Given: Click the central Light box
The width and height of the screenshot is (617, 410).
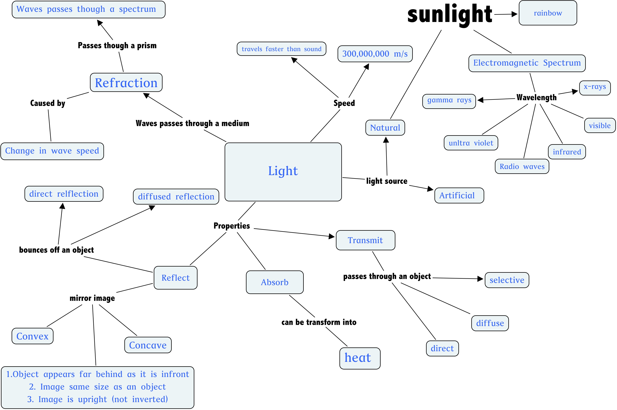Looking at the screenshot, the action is coord(283,172).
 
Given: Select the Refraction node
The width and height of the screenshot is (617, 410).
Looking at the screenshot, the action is coord(126,82).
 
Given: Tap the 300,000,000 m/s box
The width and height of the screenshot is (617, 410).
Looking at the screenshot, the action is coord(375,54).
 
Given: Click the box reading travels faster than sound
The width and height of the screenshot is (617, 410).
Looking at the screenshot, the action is coord(281,49).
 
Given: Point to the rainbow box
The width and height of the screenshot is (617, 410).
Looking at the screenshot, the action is coord(548,13).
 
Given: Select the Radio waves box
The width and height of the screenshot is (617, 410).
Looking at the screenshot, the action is coord(522,166).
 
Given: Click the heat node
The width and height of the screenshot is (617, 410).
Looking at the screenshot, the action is coord(360,358).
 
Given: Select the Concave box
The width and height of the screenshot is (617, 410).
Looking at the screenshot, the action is coord(148,345).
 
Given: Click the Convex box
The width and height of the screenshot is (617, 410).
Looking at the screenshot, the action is coord(33,336).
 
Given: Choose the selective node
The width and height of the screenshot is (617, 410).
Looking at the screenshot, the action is coord(507,280).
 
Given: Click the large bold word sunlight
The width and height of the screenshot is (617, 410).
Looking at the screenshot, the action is coord(450,15).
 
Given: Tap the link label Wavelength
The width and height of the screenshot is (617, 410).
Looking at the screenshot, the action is coord(536,98).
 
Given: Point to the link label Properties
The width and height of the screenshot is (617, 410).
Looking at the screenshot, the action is coord(232,226).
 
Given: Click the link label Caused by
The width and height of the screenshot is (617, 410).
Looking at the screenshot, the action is coord(48,103).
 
